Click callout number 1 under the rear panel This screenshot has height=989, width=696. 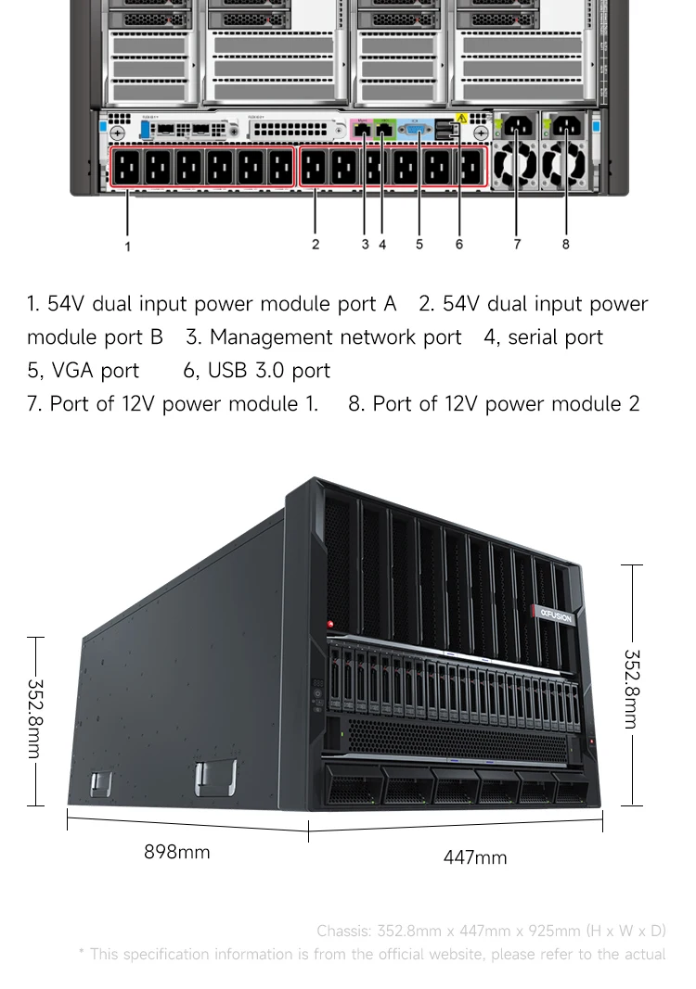tap(128, 247)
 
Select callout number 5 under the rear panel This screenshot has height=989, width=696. tap(419, 244)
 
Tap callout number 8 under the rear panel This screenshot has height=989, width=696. tap(565, 244)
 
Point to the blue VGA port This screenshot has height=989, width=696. tap(417, 131)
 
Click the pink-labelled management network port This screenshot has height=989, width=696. tap(363, 130)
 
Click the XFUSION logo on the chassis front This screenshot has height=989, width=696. tap(555, 615)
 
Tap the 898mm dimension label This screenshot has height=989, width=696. tap(176, 852)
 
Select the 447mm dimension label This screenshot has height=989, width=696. tap(475, 857)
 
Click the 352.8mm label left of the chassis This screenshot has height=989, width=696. tap(34, 719)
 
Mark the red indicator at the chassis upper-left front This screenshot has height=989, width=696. tap(329, 626)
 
